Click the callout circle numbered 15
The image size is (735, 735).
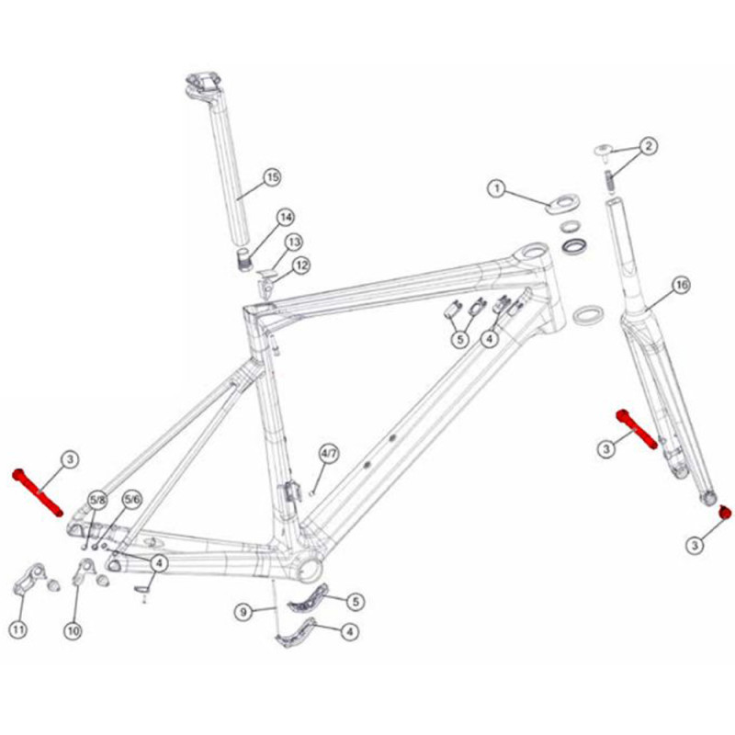[x=272, y=177]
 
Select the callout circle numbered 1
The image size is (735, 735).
[x=497, y=189]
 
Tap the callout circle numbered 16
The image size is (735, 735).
[x=682, y=285]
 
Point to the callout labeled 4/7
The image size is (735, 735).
[x=329, y=453]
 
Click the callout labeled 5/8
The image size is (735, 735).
[x=98, y=500]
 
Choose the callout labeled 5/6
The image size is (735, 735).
[x=131, y=500]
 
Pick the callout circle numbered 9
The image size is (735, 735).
[x=243, y=612]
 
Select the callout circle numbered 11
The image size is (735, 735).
[x=18, y=629]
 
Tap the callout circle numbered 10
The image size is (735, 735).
[x=73, y=630]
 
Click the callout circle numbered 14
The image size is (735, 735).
[x=286, y=218]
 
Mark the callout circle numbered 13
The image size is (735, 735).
[x=293, y=243]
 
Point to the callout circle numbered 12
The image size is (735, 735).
[x=301, y=266]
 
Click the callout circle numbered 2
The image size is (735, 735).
[x=649, y=146]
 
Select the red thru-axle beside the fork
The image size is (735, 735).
[x=637, y=429]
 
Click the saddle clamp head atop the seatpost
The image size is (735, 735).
[x=204, y=85]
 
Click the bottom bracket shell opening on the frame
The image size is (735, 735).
[x=310, y=568]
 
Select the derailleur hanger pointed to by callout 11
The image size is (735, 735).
[x=28, y=580]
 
